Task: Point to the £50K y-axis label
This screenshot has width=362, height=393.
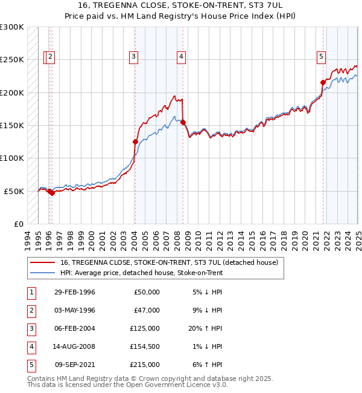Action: click(x=14, y=191)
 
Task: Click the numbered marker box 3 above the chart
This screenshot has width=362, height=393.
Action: click(x=133, y=57)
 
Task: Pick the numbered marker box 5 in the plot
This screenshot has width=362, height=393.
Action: click(x=321, y=57)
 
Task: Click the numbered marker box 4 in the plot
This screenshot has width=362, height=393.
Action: click(x=181, y=57)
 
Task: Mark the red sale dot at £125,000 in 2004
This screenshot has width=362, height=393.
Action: click(x=135, y=142)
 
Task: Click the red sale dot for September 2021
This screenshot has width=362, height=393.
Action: click(x=323, y=82)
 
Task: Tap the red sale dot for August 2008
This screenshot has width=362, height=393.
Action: click(x=183, y=122)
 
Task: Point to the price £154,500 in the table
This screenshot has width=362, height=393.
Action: click(x=145, y=346)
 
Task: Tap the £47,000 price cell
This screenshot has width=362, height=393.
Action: click(x=147, y=310)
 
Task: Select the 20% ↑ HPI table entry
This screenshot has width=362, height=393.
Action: click(x=206, y=328)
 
